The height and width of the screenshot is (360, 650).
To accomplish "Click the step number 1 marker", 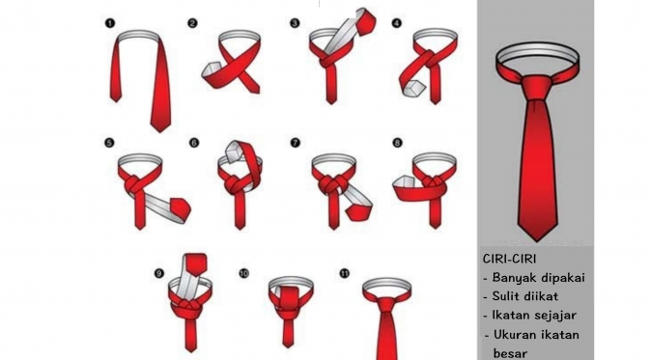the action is (110, 23).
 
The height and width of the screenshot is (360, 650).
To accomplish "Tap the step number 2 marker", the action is (192, 23).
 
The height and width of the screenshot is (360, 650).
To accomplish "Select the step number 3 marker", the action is (295, 23).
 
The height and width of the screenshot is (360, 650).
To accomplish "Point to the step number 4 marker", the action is (397, 23).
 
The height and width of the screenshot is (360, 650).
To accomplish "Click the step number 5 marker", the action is (109, 143).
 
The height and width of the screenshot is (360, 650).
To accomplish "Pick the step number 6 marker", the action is (193, 143).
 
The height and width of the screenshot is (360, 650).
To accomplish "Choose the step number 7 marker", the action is (295, 143).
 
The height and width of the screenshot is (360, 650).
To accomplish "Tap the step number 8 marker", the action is (397, 143).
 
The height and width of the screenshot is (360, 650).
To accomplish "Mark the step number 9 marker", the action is (159, 273).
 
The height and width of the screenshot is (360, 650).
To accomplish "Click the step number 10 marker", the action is (243, 273).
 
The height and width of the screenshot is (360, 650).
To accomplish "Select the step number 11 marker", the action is (345, 273).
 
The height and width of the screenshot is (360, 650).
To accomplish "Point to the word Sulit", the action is (502, 296).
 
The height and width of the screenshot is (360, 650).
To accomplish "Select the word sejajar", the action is (555, 316).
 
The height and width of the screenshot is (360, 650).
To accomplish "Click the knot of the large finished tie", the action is (536, 88).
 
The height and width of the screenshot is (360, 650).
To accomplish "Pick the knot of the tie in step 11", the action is (385, 304).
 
